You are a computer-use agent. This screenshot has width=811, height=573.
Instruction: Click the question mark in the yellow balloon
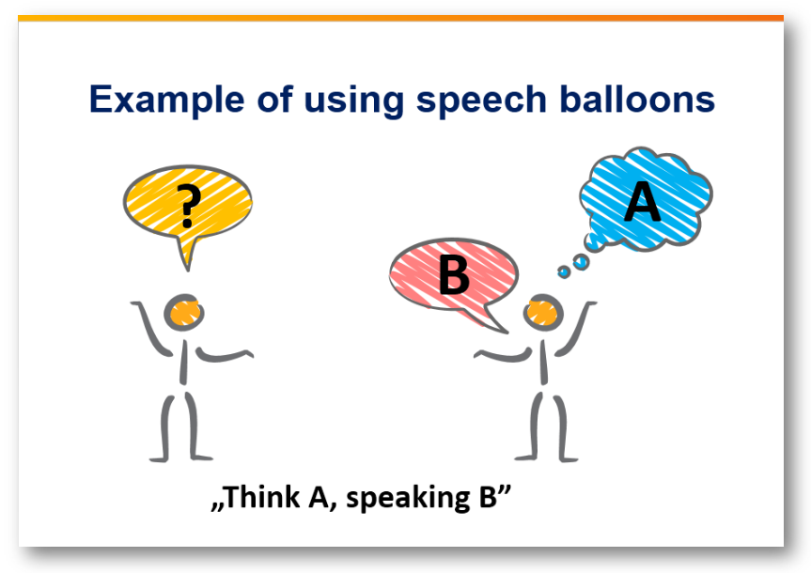188,207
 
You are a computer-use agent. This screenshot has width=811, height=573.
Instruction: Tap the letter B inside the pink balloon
454,274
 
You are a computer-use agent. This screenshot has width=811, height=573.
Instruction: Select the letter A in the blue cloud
643,202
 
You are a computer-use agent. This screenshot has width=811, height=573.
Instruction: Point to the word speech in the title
481,100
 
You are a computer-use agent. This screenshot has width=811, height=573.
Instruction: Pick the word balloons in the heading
637,99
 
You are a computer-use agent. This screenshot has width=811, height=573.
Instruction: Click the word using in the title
353,101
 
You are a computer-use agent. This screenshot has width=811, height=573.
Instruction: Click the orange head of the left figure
184,313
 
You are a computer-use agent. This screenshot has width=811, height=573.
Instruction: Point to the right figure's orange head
543,313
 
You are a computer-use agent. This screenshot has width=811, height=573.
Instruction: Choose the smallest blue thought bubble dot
564,271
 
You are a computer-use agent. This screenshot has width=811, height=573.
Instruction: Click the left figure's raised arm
151,329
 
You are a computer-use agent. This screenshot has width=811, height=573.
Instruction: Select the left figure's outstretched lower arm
225,355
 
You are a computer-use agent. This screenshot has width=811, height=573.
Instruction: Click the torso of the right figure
543,362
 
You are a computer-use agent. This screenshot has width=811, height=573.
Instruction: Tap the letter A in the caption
320,497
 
